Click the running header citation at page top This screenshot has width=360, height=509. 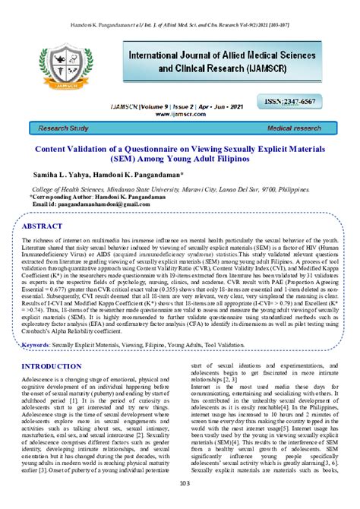click(180, 5)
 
